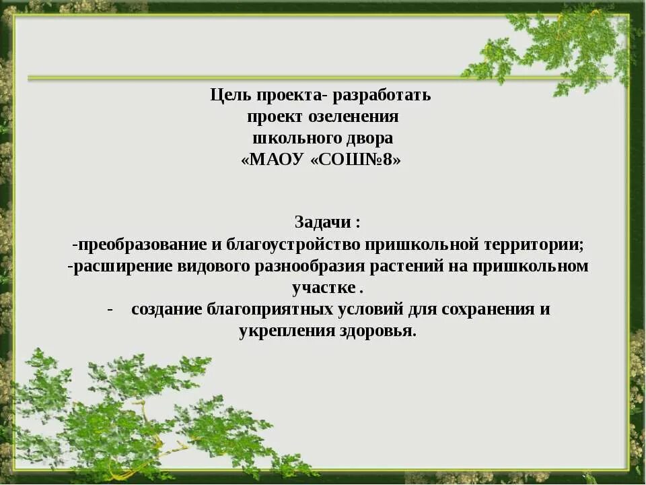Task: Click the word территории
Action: point(542,244)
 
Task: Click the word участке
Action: point(324,288)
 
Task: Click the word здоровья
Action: point(378,331)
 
